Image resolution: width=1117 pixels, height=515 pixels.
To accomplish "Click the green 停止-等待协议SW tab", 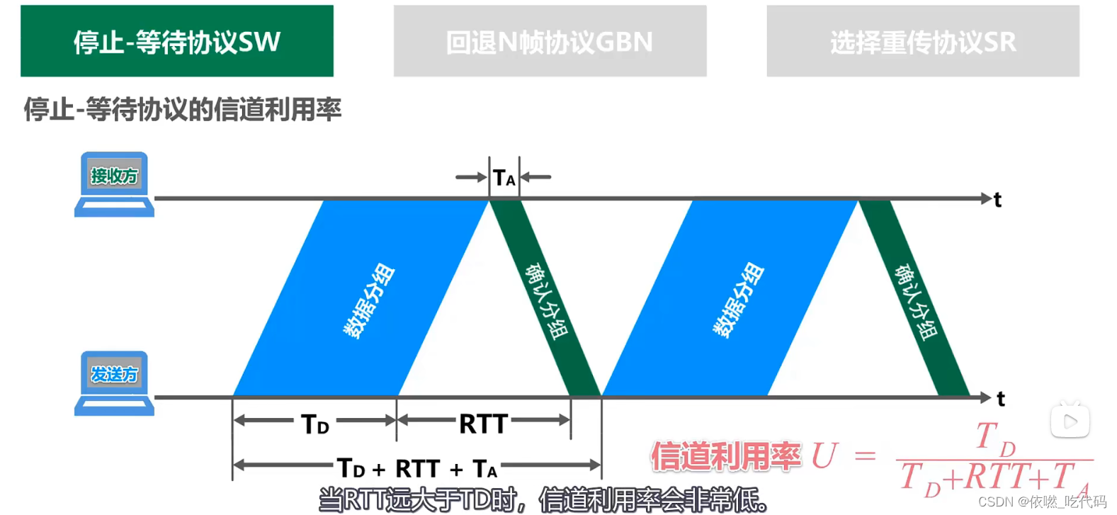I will [177, 41].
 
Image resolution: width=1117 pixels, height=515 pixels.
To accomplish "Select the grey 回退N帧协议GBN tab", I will [550, 41].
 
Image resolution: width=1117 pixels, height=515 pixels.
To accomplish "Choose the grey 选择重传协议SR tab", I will [922, 41].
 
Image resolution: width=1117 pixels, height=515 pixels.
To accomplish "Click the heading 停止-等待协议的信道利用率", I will [183, 109].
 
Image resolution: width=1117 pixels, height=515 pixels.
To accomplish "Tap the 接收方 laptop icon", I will [114, 184].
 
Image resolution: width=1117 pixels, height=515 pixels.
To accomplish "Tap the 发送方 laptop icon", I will [114, 383].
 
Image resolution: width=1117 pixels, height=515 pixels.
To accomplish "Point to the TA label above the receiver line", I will [504, 177].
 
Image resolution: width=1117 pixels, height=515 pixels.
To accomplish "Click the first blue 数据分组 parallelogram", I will [361, 298].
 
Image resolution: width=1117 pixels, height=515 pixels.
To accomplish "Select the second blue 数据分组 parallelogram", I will [730, 298].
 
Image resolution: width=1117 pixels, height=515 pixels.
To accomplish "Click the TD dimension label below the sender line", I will [315, 424].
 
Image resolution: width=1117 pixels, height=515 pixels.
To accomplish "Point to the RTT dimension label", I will [483, 424].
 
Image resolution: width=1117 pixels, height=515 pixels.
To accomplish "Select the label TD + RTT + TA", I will [417, 468].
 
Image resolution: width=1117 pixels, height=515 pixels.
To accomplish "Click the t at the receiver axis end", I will [997, 200].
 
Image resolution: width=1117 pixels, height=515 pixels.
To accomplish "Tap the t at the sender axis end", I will [1001, 400].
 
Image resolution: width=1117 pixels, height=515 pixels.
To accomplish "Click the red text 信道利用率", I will [726, 456].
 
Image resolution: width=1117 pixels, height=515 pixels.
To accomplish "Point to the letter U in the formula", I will [824, 455].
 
